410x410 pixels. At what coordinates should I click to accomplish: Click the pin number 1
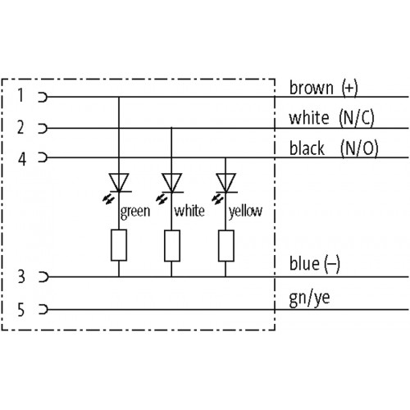(20, 96)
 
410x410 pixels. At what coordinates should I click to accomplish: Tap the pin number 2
(20, 127)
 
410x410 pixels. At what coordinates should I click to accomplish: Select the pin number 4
(22, 159)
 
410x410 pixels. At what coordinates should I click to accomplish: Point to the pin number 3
(21, 276)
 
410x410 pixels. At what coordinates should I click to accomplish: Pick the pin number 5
(21, 310)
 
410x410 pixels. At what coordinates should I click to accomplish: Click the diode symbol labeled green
(119, 183)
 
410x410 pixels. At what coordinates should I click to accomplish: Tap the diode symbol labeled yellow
(225, 183)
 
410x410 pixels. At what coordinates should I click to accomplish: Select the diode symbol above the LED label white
(171, 183)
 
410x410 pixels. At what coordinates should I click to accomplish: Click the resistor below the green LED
(119, 245)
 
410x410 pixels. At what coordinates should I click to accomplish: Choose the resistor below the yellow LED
(226, 246)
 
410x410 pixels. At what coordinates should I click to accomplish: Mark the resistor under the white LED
(172, 246)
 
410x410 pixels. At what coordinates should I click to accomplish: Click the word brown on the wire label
(312, 88)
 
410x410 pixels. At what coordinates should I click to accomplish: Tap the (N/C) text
(357, 118)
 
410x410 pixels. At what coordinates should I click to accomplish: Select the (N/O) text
(359, 148)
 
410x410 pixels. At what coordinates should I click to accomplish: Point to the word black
(307, 148)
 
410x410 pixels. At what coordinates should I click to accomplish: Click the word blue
(304, 264)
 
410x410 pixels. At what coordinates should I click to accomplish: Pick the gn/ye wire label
(309, 298)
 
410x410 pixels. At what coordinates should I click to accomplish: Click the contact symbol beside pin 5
(43, 309)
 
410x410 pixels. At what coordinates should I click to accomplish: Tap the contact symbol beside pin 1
(43, 97)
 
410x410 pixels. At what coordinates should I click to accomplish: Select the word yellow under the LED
(245, 212)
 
